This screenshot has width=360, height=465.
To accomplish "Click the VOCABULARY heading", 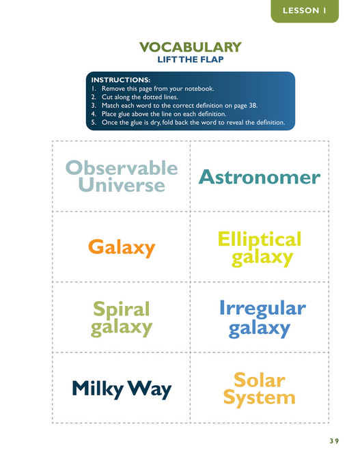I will (x=190, y=47).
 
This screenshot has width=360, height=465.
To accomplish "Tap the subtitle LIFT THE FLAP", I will (x=191, y=60).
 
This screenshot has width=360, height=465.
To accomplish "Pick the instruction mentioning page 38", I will (x=178, y=107).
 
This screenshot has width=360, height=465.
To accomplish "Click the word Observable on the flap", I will (x=122, y=169).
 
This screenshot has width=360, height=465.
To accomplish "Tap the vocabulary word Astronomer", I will (x=259, y=178).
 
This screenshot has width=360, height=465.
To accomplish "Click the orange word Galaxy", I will (x=122, y=247).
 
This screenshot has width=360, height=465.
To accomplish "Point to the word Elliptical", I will (x=259, y=240).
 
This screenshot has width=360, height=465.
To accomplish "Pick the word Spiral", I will (x=122, y=309).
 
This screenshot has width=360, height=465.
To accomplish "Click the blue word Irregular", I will (x=262, y=309).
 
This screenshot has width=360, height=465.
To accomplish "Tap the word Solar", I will (x=259, y=379).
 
